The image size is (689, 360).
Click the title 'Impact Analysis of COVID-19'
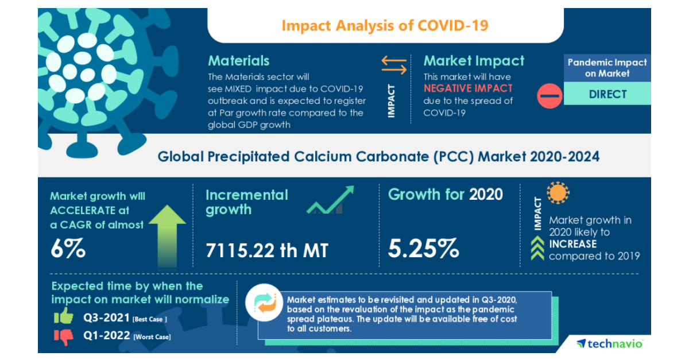pyautogui.click(x=385, y=26)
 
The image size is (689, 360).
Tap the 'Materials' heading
pyautogui.click(x=238, y=61)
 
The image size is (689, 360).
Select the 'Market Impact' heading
pyautogui.click(x=474, y=61)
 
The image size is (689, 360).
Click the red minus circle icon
pyautogui.click(x=549, y=95)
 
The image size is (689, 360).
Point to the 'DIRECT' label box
pyautogui.click(x=607, y=94)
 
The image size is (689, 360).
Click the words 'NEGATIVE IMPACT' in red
pyautogui.click(x=468, y=88)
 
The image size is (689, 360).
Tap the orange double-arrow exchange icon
pyautogui.click(x=394, y=64)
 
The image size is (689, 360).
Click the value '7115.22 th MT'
pyautogui.click(x=267, y=250)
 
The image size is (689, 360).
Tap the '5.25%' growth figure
pyautogui.click(x=423, y=249)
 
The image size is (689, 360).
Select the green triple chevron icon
pyautogui.click(x=537, y=249)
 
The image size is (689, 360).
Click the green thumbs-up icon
pyautogui.click(x=64, y=316)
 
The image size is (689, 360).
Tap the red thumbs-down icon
pyautogui.click(x=64, y=336)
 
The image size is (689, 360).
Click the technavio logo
pyautogui.click(x=610, y=344)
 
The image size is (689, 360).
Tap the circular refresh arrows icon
pyautogui.click(x=266, y=303)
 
